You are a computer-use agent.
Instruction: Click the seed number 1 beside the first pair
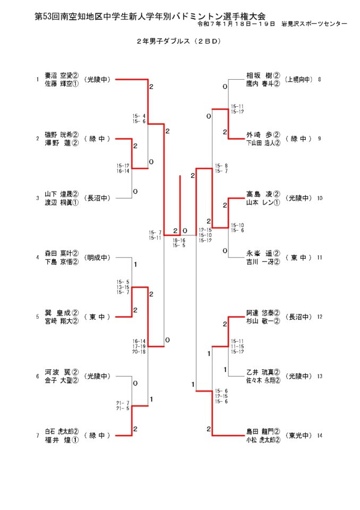point(37,80)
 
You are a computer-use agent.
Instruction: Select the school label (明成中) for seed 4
point(97,258)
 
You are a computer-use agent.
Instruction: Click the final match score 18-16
point(179,241)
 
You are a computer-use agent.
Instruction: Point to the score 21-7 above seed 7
point(123,403)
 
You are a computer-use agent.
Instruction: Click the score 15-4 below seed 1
point(139,116)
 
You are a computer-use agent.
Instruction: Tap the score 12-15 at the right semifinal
point(205,230)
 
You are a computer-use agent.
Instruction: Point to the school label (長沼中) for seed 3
point(97,199)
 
